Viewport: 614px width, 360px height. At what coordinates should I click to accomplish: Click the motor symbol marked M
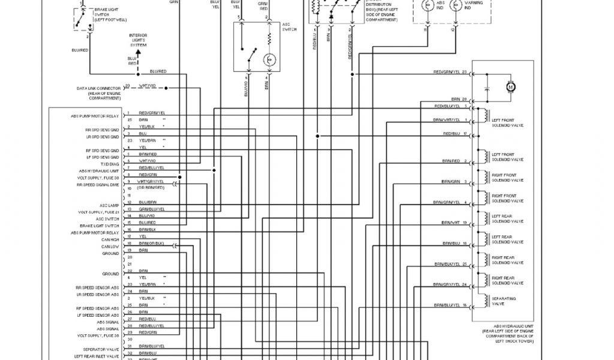(511, 87)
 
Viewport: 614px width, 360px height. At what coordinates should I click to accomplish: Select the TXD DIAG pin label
(110, 164)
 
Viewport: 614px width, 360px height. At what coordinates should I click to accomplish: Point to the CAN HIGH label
(110, 239)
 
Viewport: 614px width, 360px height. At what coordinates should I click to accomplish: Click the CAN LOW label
(110, 247)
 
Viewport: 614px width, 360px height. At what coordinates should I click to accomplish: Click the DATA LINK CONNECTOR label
(98, 91)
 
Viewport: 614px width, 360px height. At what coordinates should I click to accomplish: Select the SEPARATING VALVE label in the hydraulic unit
(504, 301)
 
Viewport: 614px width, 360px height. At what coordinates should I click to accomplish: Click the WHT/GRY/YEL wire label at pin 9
(151, 181)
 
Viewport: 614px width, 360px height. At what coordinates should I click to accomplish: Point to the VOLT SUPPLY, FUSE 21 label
(98, 212)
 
